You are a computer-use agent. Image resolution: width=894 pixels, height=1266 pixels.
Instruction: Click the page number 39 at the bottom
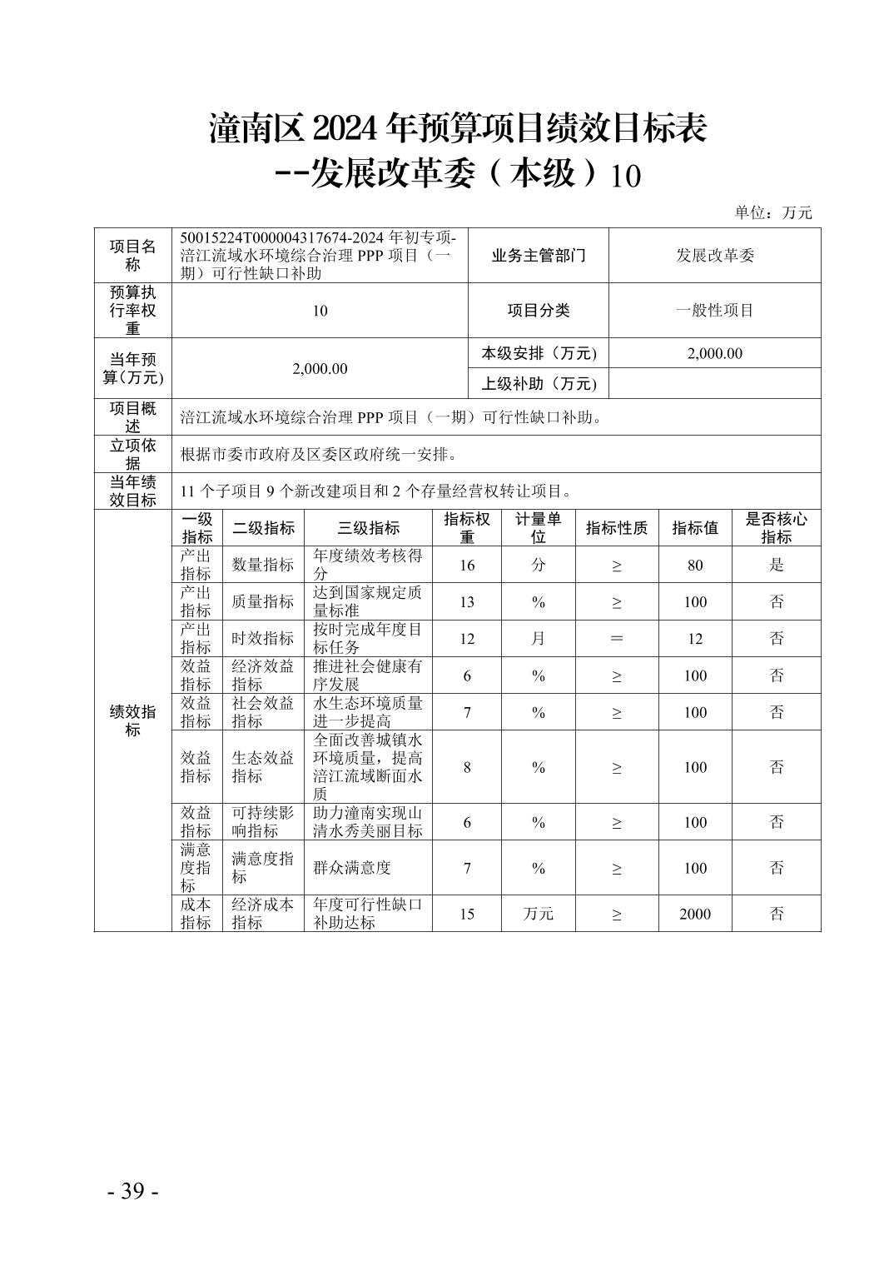(133, 1190)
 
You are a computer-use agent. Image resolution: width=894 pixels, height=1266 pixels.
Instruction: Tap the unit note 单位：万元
(772, 212)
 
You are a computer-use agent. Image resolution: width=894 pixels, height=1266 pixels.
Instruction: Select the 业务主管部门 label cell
(539, 256)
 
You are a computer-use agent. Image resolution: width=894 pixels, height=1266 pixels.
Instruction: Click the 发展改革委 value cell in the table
(714, 256)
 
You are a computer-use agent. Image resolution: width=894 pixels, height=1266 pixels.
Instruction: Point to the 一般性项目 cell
(714, 311)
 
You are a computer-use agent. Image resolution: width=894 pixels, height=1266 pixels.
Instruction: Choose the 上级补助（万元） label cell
(539, 383)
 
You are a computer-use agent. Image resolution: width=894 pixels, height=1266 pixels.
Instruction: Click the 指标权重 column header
(467, 528)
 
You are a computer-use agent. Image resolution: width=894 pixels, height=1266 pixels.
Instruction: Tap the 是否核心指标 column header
(776, 528)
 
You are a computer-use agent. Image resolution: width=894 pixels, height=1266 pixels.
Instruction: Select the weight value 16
(467, 566)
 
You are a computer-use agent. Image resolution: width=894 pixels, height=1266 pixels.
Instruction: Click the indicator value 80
(695, 566)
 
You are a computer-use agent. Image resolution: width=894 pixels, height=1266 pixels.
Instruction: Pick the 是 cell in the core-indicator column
(776, 566)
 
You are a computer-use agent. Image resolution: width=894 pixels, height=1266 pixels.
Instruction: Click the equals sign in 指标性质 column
(617, 639)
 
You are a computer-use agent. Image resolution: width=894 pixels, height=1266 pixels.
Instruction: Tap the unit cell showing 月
(539, 639)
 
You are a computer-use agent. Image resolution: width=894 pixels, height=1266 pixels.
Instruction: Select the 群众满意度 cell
(352, 868)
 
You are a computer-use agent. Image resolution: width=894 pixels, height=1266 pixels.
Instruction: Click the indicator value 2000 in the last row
(695, 914)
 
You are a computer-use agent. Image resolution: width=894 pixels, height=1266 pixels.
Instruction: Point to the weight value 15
(467, 914)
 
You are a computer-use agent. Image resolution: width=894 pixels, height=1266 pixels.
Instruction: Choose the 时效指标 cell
(263, 639)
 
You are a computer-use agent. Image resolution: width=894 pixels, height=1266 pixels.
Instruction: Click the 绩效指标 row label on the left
(133, 720)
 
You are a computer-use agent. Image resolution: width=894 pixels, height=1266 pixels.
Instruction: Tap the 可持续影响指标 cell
(263, 822)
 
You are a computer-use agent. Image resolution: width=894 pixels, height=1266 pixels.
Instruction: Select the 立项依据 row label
(133, 454)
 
